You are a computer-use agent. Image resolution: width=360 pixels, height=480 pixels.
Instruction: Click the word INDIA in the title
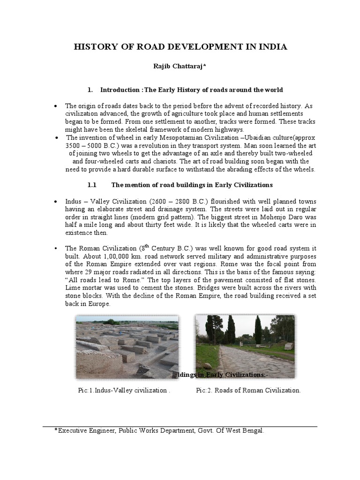(x=270, y=47)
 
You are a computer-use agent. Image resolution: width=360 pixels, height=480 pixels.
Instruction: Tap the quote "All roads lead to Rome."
(x=104, y=281)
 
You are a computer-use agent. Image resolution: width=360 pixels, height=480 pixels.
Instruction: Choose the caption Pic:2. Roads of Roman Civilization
(x=248, y=390)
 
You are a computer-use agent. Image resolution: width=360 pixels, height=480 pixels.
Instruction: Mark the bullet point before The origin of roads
(x=56, y=106)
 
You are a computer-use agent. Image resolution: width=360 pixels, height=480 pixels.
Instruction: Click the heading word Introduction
(x=120, y=90)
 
